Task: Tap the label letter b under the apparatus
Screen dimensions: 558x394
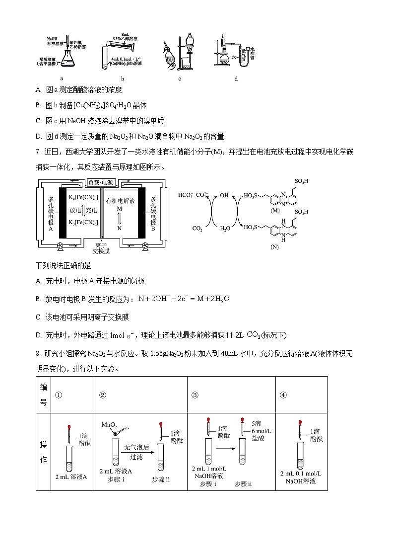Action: click(122, 79)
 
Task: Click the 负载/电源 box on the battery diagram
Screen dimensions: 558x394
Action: click(100, 182)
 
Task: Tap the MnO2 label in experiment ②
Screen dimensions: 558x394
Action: click(109, 425)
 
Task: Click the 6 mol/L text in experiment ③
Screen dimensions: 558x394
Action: click(259, 432)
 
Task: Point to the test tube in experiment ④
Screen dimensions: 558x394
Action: click(300, 455)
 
